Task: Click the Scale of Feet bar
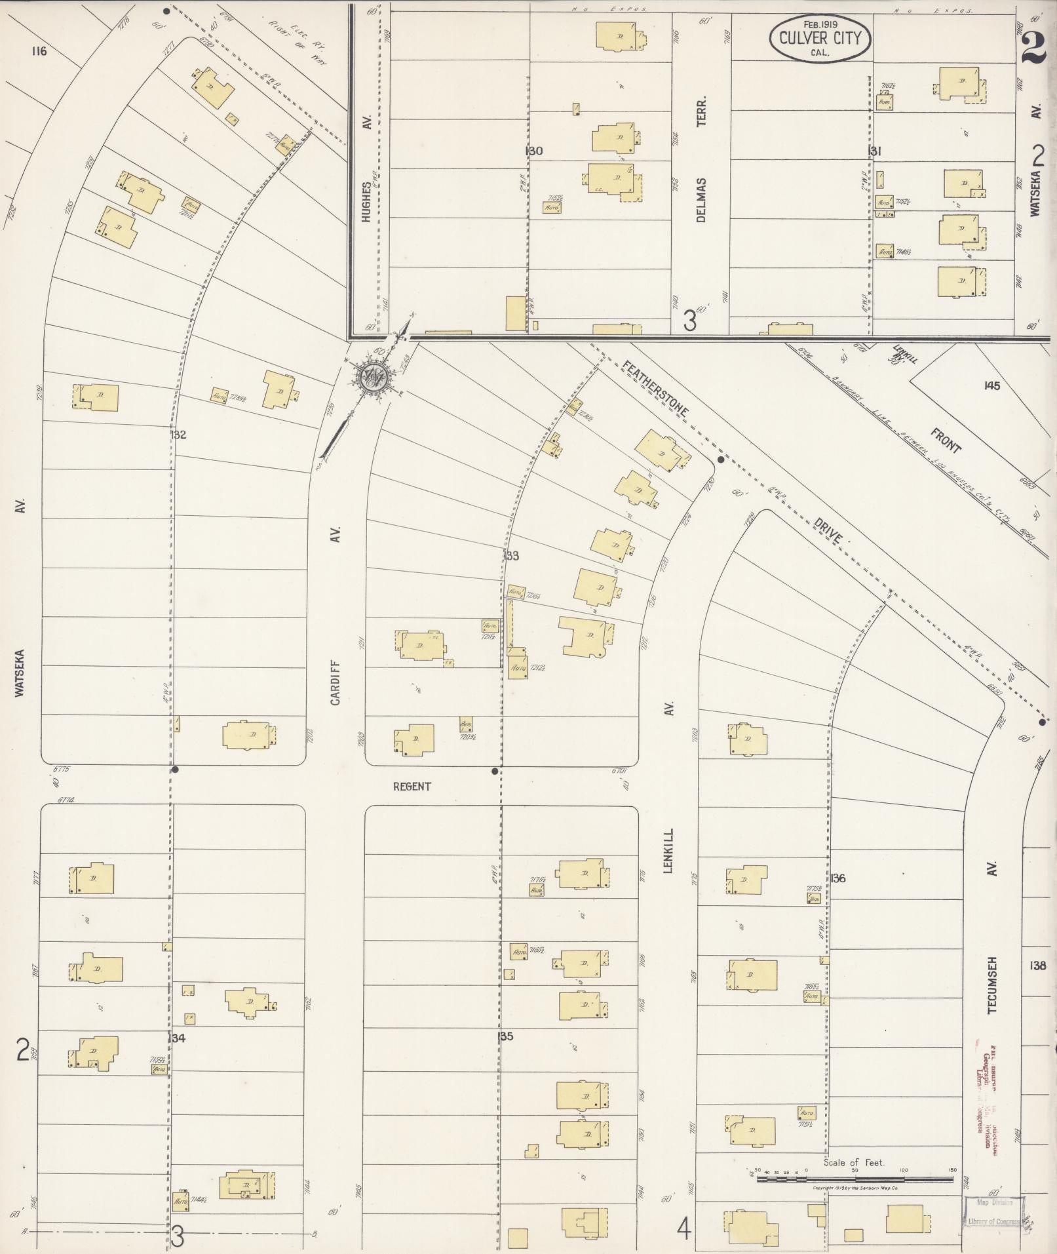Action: pyautogui.click(x=855, y=1179)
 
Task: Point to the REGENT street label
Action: pyautogui.click(x=412, y=786)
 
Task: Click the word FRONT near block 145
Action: pyautogui.click(x=945, y=439)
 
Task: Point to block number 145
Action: pyautogui.click(x=991, y=385)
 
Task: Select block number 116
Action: pyautogui.click(x=39, y=51)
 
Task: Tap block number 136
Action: pyautogui.click(x=839, y=878)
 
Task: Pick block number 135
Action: pyautogui.click(x=505, y=1036)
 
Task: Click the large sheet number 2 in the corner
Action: pyautogui.click(x=1033, y=47)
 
